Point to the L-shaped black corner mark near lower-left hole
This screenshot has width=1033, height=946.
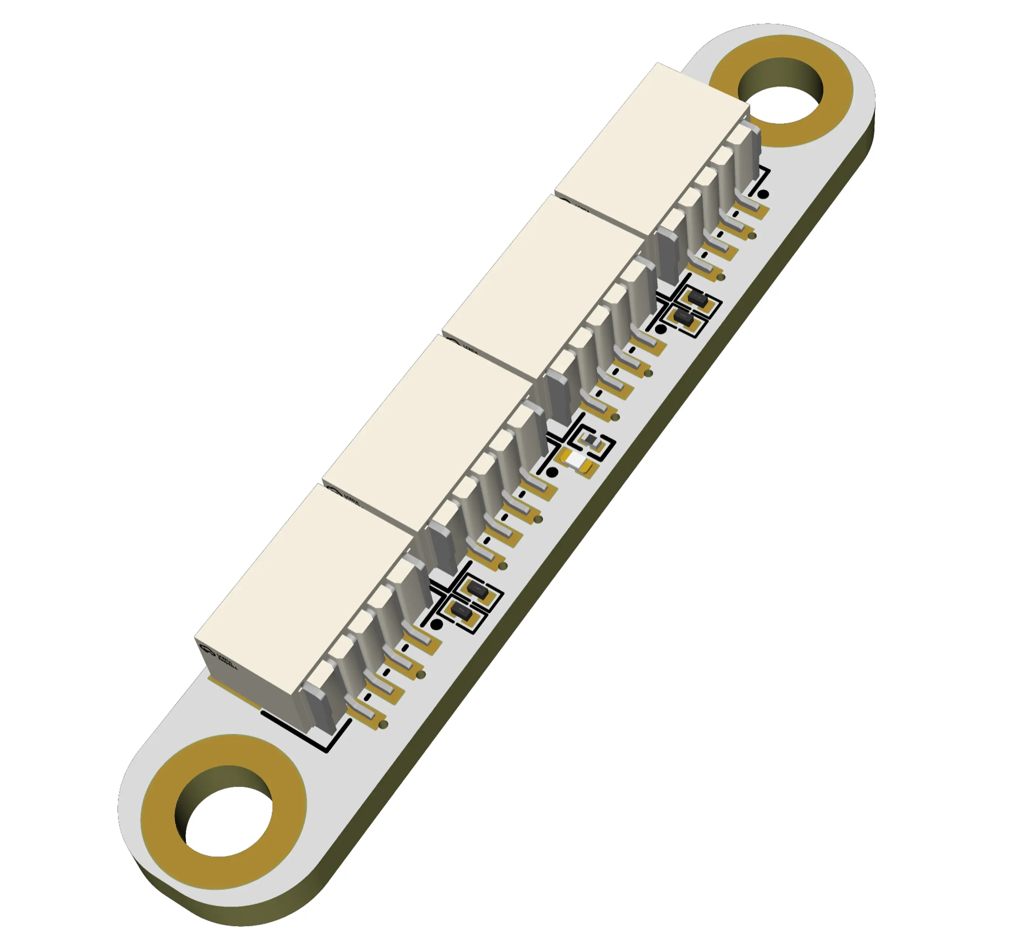click(x=328, y=738)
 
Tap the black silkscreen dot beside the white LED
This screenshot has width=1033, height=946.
click(x=552, y=472)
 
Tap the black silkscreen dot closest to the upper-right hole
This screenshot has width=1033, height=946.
click(x=763, y=194)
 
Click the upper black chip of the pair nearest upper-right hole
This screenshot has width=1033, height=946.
click(x=697, y=297)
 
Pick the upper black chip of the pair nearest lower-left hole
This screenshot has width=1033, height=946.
click(x=477, y=590)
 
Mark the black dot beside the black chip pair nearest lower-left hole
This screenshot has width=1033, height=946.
click(x=436, y=624)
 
